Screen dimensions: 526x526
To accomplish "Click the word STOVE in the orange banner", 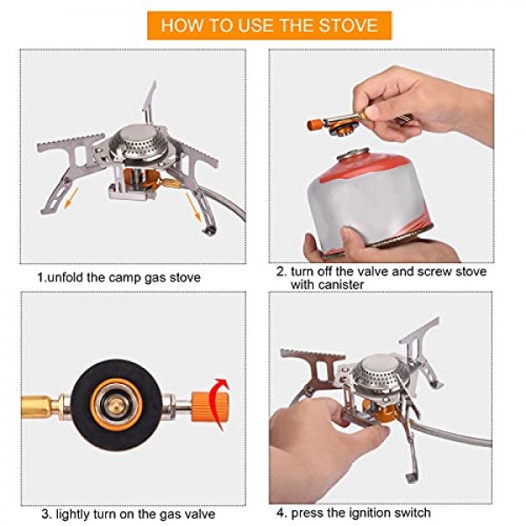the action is (348, 25).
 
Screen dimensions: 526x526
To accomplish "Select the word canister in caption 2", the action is (327, 285).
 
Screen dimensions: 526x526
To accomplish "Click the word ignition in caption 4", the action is (371, 513).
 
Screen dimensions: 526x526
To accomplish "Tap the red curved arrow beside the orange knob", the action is (219, 404).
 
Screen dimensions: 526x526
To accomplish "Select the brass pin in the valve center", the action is (116, 407).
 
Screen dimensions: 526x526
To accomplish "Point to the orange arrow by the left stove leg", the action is (71, 198).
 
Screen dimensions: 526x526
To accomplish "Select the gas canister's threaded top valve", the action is (353, 154).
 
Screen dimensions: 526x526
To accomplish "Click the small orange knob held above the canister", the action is (315, 124).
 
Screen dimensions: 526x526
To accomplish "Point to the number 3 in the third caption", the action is (46, 514).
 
